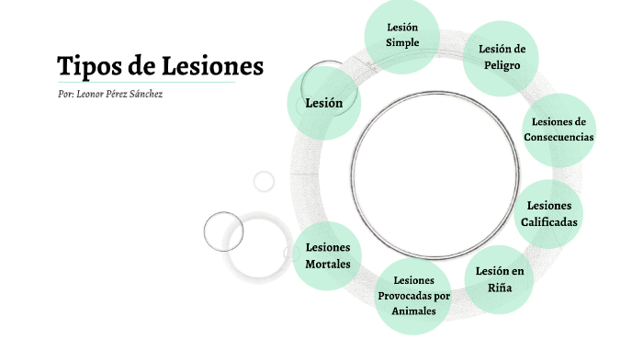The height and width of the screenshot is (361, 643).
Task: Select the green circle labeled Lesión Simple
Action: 402,35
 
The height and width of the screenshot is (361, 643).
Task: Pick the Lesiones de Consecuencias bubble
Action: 558,130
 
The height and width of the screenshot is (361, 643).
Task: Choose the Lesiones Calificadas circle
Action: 549,214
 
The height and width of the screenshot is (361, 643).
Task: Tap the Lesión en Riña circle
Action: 499,279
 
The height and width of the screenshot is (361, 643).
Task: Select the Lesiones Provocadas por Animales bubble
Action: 413,295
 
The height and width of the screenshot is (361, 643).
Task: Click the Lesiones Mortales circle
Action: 327,256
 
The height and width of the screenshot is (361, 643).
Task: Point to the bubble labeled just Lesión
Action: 323,103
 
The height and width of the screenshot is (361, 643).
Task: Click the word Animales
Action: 413,310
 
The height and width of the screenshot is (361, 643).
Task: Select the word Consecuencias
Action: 558,138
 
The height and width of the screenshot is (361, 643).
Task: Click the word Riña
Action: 499,288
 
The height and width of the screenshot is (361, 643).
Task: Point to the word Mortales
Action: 327,265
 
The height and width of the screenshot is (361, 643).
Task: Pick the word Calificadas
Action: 549,222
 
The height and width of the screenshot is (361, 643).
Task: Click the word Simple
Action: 402,43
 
